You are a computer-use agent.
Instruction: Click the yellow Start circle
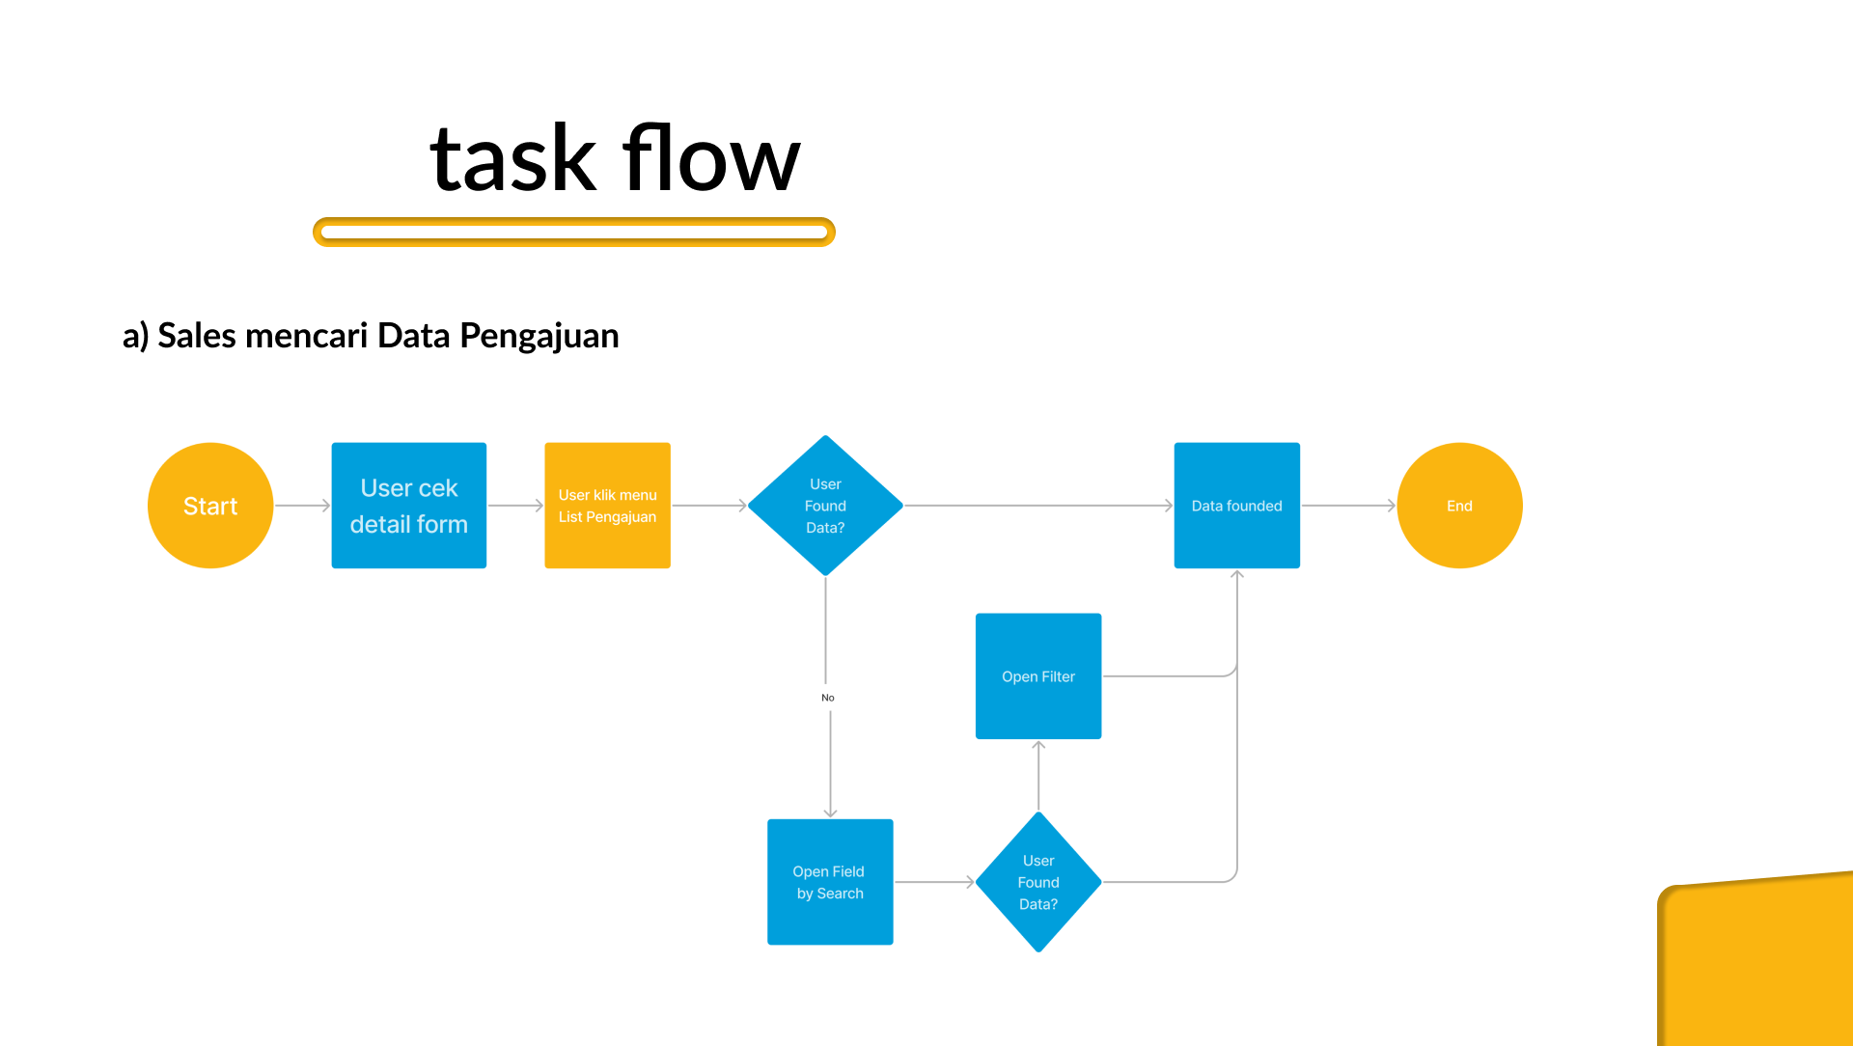pyautogui.click(x=210, y=506)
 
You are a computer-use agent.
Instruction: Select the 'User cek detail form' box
pyautogui.click(x=409, y=506)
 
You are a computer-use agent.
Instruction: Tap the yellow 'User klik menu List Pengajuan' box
pyautogui.click(x=608, y=506)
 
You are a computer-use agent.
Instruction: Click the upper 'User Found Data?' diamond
pyautogui.click(x=826, y=506)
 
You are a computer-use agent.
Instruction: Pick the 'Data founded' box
pyautogui.click(x=1237, y=506)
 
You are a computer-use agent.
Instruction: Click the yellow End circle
pyautogui.click(x=1460, y=506)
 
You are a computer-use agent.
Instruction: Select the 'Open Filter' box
pyautogui.click(x=1038, y=676)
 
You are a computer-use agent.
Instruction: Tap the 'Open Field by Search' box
pyautogui.click(x=830, y=882)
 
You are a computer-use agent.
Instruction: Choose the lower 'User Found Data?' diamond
pyautogui.click(x=1038, y=882)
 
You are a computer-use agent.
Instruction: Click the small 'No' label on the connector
pyautogui.click(x=828, y=698)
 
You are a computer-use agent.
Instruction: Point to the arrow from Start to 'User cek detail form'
pyautogui.click(x=303, y=506)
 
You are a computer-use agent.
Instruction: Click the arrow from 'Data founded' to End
pyautogui.click(x=1349, y=506)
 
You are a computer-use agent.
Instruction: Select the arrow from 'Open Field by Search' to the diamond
pyautogui.click(x=934, y=882)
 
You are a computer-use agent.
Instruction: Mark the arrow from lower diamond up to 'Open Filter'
pyautogui.click(x=1038, y=776)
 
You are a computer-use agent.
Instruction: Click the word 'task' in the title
pyautogui.click(x=513, y=159)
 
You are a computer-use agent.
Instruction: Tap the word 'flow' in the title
pyautogui.click(x=712, y=157)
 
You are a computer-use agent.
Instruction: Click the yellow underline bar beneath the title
pyautogui.click(x=574, y=232)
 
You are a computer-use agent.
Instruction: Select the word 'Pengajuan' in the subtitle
pyautogui.click(x=539, y=337)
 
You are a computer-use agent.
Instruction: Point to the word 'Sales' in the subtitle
pyautogui.click(x=197, y=336)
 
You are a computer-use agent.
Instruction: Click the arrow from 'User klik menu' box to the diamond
pyautogui.click(x=709, y=506)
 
